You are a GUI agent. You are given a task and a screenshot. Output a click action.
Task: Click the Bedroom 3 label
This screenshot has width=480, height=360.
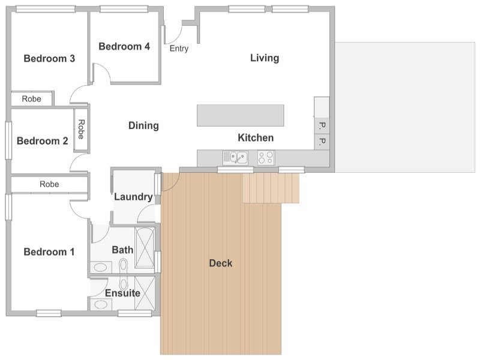coord(49,58)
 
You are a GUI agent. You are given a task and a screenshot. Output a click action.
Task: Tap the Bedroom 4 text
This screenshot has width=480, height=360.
coord(124,46)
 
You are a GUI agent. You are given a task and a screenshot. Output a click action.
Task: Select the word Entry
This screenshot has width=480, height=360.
coord(179,49)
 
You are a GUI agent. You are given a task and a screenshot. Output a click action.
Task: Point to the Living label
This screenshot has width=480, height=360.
coord(265,58)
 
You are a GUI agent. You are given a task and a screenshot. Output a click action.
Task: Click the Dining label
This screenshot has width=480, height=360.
coord(143,125)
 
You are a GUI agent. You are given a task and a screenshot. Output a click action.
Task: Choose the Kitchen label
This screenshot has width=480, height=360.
coord(256,138)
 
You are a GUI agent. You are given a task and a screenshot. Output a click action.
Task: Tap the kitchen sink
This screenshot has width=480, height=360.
coord(235,158)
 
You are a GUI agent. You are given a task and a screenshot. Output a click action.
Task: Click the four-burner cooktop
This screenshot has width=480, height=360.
coord(266,158)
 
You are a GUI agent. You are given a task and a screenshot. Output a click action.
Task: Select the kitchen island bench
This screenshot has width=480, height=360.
coord(241,115)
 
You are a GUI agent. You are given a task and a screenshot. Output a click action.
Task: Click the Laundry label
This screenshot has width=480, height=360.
coord(133,197)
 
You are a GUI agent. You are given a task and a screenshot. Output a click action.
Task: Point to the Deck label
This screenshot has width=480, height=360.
coord(221,263)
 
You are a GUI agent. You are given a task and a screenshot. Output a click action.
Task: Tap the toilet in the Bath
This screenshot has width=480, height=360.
coord(124,265)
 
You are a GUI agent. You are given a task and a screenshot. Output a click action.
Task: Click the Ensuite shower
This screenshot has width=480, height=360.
coord(145,293)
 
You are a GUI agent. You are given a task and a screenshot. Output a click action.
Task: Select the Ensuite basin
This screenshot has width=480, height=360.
coord(100,304)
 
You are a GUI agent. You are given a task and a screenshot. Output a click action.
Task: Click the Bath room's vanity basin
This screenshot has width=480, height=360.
coord(100,267)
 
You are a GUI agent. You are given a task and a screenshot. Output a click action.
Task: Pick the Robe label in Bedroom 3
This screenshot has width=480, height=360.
coord(32,99)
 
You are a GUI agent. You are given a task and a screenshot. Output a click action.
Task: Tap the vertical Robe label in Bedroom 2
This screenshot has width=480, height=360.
coord(81,129)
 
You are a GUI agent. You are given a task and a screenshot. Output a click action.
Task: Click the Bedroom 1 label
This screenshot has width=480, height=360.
coord(49,252)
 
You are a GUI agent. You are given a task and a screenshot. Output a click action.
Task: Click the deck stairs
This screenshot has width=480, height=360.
coord(271,188)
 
